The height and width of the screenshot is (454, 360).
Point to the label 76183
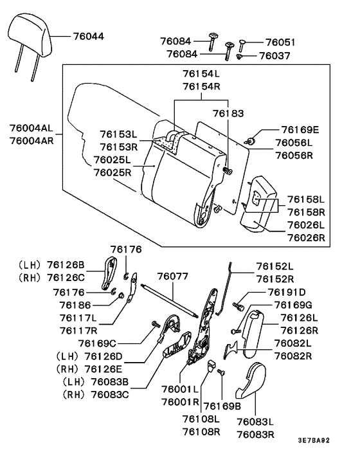point(229,113)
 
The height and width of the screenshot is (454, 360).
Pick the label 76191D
point(294,293)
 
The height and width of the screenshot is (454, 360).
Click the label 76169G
point(294,305)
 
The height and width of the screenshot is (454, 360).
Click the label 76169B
point(222,406)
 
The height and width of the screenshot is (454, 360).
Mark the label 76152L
point(274,266)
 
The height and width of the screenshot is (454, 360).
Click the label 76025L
point(112,159)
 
